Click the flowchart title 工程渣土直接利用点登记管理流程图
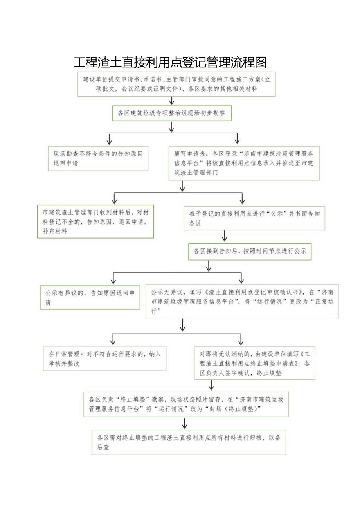coord(170,62)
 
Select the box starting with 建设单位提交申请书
coord(176,84)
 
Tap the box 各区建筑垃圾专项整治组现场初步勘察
coord(172,113)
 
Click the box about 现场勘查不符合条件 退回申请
coord(98,158)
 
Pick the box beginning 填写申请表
coord(244,162)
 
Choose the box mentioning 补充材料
coord(95,222)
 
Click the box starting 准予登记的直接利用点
coord(254,218)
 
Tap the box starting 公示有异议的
coord(90,297)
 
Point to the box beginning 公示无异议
coord(242,301)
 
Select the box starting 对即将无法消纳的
coord(254,363)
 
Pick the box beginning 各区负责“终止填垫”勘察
coord(186,404)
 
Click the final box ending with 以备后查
coord(189,442)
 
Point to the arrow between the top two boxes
coord(171,101)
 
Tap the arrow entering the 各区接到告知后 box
coord(225,236)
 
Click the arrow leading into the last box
coord(185,423)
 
